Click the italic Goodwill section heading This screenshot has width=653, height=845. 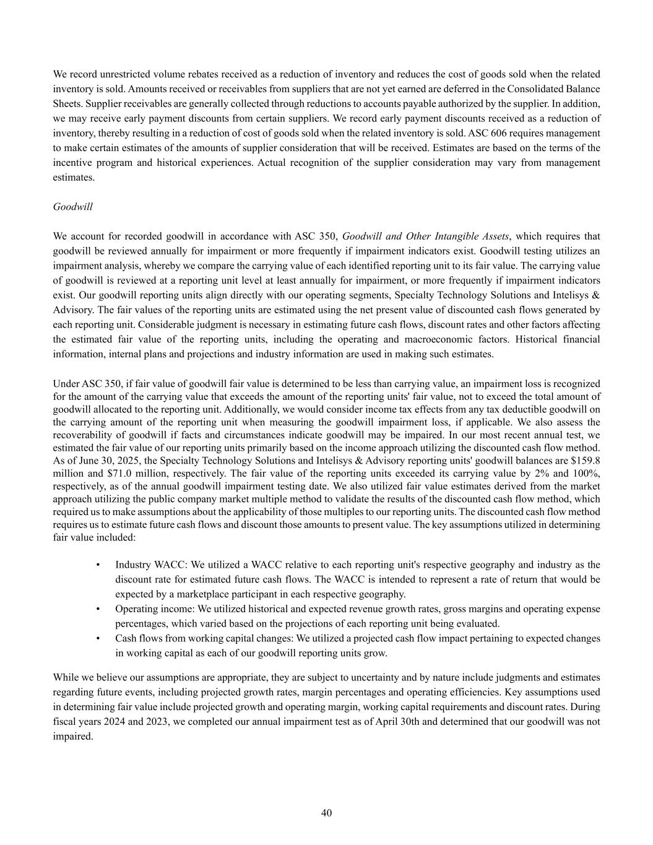tap(73, 207)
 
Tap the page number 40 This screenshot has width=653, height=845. tap(326, 813)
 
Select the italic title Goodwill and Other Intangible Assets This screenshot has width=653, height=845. tap(425, 236)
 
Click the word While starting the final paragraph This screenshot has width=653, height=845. tap(66, 677)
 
